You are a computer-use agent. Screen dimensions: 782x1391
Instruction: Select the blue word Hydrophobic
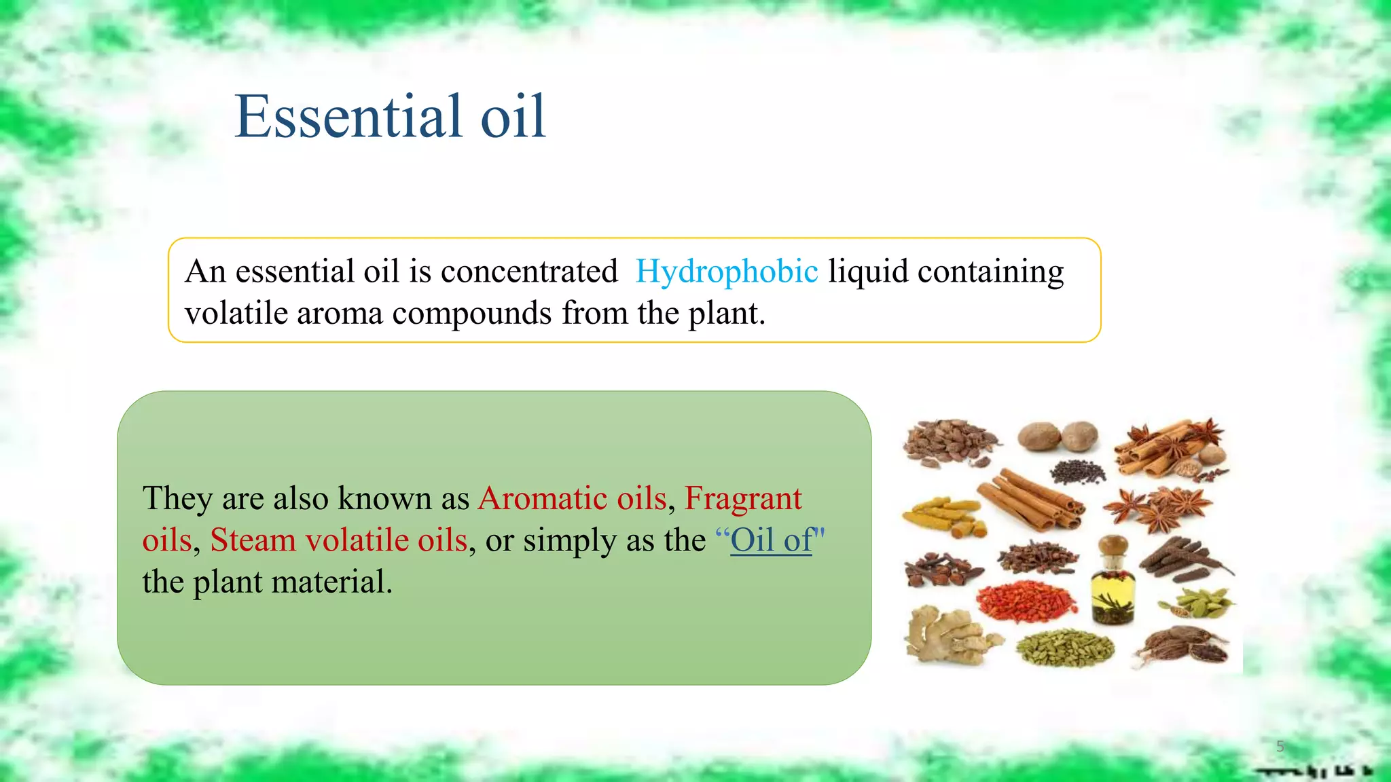pos(726,272)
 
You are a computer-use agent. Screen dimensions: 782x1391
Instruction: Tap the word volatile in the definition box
pos(235,314)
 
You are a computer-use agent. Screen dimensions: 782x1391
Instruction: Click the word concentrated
pos(529,272)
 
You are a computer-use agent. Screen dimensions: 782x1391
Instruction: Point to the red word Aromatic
pos(541,498)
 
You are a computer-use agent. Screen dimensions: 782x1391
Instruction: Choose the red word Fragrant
pos(743,498)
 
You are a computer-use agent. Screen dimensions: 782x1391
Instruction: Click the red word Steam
pos(253,540)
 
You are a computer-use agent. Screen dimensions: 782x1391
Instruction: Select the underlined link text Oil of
pos(771,540)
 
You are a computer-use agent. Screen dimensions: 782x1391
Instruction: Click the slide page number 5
pos(1280,747)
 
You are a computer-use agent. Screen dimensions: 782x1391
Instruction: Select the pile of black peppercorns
pos(1077,471)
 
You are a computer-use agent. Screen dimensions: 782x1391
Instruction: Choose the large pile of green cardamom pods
pos(1064,648)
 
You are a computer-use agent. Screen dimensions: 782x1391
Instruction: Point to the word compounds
pos(472,314)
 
